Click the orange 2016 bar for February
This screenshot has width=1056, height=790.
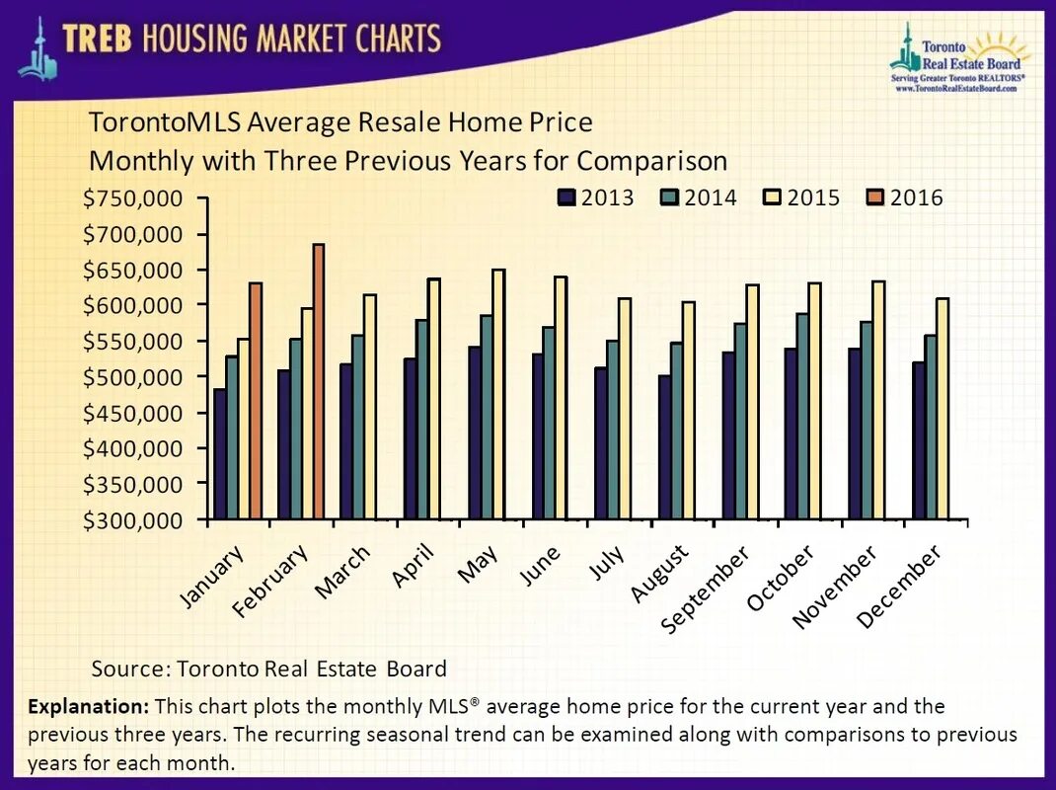click(x=318, y=381)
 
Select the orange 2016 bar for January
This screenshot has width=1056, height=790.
click(x=256, y=401)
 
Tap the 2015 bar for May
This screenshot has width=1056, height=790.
click(x=498, y=394)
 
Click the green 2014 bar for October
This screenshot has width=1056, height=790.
click(x=801, y=416)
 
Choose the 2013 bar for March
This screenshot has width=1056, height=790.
click(x=345, y=440)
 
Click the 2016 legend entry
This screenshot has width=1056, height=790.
click(x=904, y=197)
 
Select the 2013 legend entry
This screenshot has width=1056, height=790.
click(x=595, y=197)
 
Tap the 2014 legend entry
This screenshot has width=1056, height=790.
click(x=698, y=197)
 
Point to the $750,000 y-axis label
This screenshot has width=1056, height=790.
click(x=133, y=198)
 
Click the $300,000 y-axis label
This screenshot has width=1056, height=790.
click(x=133, y=519)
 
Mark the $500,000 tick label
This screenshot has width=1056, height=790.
click(x=133, y=377)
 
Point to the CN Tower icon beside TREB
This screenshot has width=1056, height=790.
click(x=38, y=49)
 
